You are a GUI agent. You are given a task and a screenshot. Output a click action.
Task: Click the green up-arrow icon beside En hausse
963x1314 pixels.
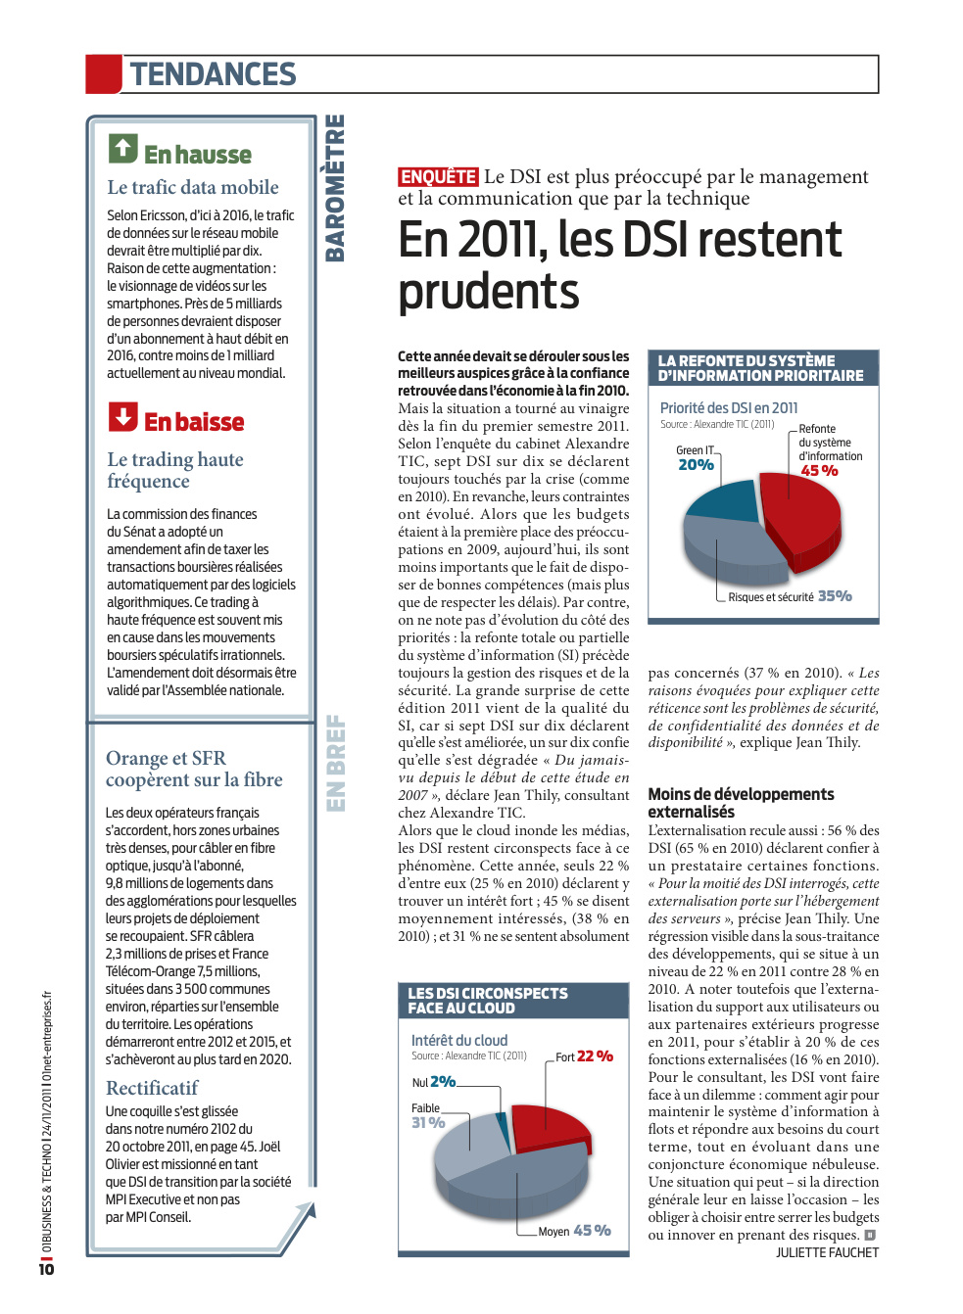(x=122, y=149)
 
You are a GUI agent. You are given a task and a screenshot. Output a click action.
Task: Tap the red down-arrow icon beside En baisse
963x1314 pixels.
(x=122, y=416)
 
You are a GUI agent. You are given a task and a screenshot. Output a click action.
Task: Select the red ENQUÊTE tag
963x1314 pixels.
(x=438, y=176)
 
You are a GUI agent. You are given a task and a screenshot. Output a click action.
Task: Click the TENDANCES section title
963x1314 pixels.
(x=213, y=74)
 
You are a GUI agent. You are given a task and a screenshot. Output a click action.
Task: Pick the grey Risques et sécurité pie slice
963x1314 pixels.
(x=733, y=548)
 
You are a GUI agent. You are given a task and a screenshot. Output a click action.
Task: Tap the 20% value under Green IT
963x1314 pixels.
(x=696, y=464)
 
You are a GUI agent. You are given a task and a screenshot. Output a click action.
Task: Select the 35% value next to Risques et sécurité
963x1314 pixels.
(x=835, y=596)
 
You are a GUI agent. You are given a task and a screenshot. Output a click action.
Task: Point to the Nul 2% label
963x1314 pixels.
(x=434, y=1082)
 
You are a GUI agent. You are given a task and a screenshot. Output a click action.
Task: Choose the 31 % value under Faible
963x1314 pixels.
(x=428, y=1122)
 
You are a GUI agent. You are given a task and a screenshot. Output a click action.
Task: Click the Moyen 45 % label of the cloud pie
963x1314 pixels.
(x=574, y=1231)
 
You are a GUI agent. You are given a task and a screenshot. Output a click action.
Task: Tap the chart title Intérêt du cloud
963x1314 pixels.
(x=458, y=1040)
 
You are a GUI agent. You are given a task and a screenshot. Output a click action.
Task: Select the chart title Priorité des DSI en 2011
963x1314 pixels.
(x=728, y=407)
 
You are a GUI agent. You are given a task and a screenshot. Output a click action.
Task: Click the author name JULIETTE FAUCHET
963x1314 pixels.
(x=828, y=1252)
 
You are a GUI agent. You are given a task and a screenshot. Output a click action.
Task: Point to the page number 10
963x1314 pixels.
(x=46, y=1269)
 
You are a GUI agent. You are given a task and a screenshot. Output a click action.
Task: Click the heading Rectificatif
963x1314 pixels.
(x=152, y=1088)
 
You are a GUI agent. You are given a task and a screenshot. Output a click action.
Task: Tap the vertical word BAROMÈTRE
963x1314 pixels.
(x=334, y=188)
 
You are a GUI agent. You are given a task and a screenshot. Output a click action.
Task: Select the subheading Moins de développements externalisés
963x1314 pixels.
(x=741, y=803)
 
